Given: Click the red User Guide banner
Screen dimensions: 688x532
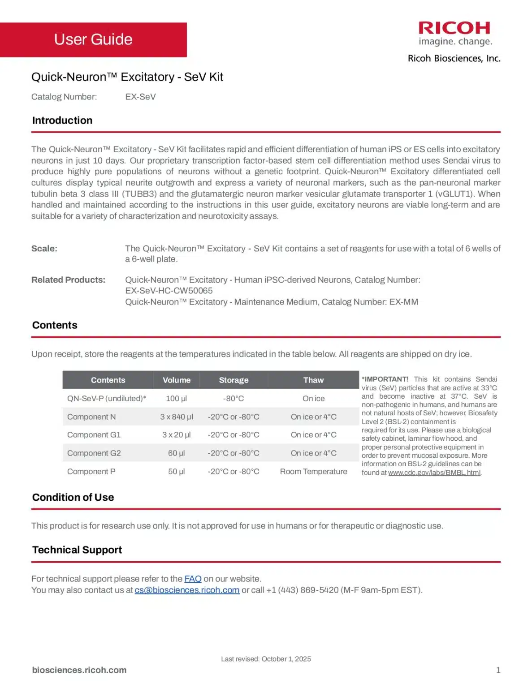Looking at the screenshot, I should coord(93,39).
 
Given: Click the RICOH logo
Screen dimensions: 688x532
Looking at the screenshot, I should coord(454,29).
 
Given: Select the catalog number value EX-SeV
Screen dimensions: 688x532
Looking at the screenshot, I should coord(140,97).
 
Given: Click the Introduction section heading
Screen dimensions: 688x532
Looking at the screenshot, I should coord(62,120).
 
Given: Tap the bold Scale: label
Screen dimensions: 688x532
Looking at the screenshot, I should coord(44,249).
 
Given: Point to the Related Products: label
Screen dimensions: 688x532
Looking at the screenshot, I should coord(68,280).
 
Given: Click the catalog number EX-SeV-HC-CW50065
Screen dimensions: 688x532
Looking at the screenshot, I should coord(169,291).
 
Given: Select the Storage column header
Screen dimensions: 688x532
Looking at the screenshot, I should coord(234,380).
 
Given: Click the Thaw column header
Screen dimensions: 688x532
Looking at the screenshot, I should coord(313,380).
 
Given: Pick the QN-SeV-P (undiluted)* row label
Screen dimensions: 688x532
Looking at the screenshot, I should coord(107,398).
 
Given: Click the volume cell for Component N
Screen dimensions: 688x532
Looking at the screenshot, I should coord(177,417).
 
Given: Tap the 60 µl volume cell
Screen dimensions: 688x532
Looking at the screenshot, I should coord(177,453).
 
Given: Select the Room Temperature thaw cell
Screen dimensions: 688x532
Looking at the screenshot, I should coord(313,471).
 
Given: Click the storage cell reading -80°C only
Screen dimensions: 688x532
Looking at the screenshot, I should coord(234,398).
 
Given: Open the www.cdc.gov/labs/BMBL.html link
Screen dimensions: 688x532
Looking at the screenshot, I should coord(434,473).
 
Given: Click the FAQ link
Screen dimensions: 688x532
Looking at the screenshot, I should coord(193,579).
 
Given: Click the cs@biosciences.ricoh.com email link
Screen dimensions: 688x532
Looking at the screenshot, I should coord(187,590).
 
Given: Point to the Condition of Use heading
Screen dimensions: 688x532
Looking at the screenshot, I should coord(73,497).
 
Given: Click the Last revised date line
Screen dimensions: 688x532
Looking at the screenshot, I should coord(266,659).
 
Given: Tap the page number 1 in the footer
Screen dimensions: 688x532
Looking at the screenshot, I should coord(498,670).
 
